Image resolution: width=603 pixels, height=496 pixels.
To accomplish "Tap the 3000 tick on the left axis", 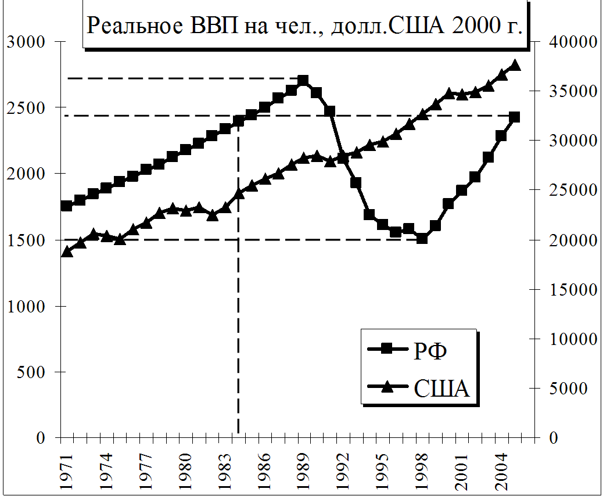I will tap(26, 42).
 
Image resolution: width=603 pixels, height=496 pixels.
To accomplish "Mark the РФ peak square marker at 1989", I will tap(303, 80).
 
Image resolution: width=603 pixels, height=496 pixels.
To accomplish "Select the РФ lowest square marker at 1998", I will tap(422, 238).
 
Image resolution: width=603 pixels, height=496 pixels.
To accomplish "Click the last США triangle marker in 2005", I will tap(515, 65).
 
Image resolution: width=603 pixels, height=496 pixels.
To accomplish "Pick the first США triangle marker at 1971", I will tap(67, 251).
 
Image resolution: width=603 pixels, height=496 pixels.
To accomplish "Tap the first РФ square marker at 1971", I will tap(67, 206).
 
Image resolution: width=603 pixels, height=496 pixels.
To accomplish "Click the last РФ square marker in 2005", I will tap(514, 117).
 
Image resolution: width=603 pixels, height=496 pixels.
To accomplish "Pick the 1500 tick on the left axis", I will tap(26, 240).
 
